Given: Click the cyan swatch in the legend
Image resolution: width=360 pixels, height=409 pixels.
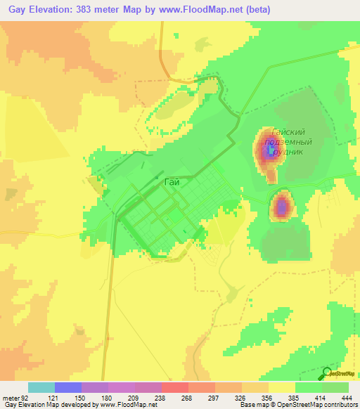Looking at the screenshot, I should (x=41, y=387).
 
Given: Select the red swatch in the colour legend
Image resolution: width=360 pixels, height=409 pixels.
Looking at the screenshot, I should (x=174, y=387).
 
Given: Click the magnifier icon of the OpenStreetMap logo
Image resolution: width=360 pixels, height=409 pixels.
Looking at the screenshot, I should (x=327, y=372).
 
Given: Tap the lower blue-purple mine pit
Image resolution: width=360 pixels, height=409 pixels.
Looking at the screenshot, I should (x=282, y=207).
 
